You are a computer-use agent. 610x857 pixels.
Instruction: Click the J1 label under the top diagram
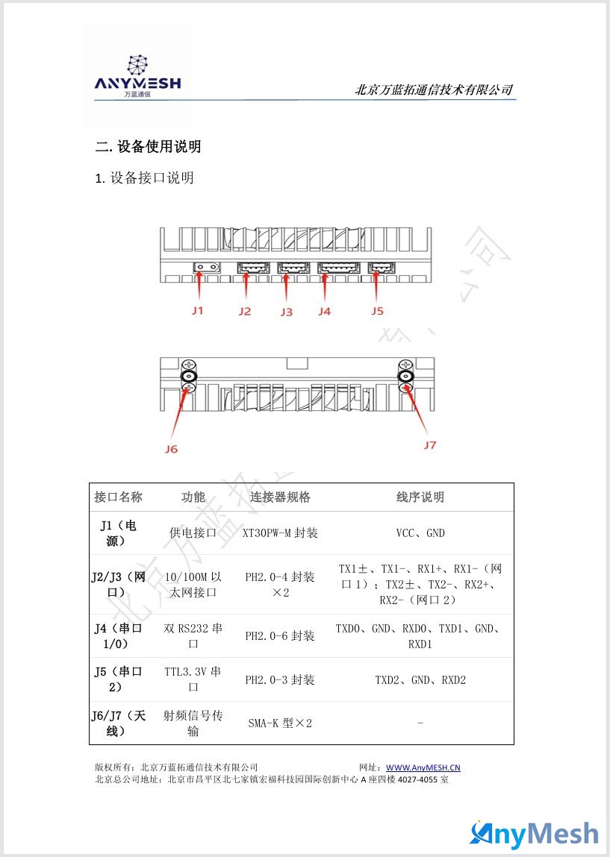point(198,310)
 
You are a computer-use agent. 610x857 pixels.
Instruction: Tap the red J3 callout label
point(287,312)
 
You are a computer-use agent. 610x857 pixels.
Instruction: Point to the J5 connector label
point(378,310)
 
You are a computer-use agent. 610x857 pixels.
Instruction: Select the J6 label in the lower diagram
point(171,449)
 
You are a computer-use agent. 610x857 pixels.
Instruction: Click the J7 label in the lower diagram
point(430,445)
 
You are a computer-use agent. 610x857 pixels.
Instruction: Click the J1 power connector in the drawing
point(206,267)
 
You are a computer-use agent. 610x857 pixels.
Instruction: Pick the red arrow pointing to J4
point(325,286)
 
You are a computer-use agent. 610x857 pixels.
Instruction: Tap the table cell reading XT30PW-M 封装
point(280,533)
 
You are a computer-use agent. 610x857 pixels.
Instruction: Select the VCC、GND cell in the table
point(420,533)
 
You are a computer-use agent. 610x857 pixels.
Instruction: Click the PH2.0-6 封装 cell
point(280,635)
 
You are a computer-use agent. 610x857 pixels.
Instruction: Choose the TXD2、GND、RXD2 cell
point(420,680)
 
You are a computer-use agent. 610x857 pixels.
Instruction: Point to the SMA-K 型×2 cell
point(280,723)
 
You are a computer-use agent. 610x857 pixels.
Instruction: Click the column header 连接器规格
point(280,497)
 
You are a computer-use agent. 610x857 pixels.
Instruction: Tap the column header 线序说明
point(420,497)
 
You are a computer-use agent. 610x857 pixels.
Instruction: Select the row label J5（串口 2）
point(118,679)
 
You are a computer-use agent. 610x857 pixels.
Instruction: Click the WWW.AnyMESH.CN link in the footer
point(423,767)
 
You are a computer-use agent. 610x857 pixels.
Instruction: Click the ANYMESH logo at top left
point(137,77)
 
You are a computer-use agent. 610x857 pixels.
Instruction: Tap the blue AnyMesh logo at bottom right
point(534,834)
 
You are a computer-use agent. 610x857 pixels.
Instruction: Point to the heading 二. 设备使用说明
point(149,146)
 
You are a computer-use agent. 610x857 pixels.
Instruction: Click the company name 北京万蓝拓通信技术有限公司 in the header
point(435,90)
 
